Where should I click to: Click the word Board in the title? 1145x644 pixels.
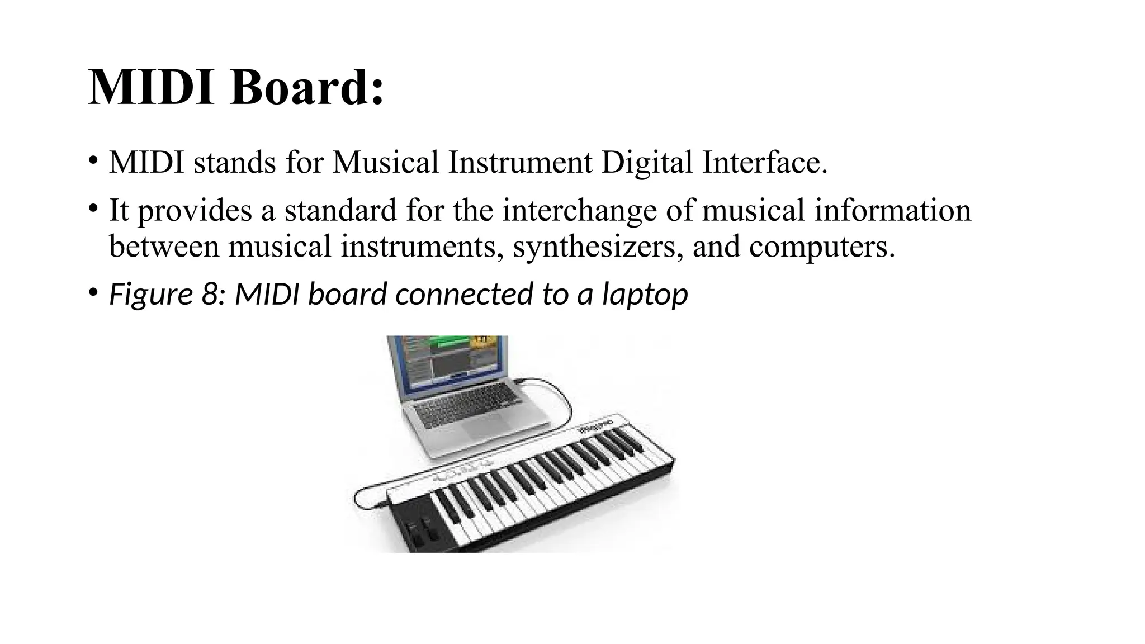click(x=306, y=88)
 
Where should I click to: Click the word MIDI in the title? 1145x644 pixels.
click(x=151, y=88)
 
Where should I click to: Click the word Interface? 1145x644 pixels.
click(x=764, y=163)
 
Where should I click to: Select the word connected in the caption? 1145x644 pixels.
click(x=464, y=294)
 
